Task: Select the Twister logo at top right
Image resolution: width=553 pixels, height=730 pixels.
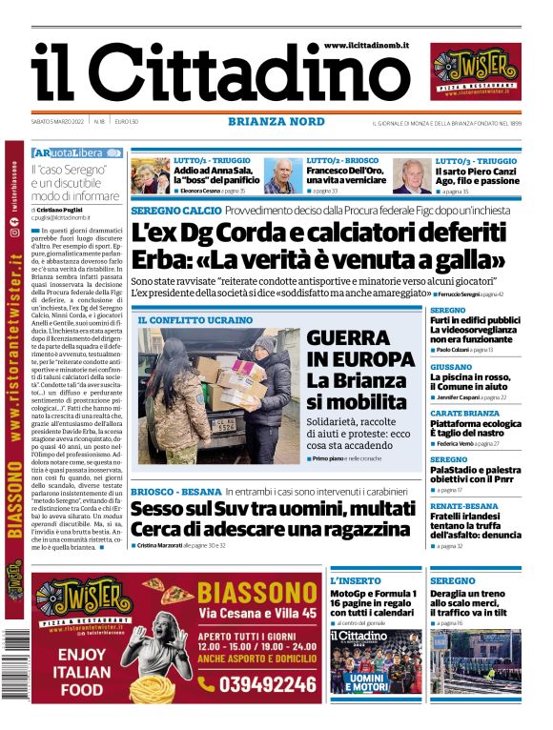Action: click(477, 72)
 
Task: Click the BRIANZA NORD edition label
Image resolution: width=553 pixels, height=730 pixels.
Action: click(276, 121)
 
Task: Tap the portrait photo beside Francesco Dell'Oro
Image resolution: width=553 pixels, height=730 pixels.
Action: click(279, 176)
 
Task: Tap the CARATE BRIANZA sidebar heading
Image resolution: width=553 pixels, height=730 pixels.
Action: click(464, 413)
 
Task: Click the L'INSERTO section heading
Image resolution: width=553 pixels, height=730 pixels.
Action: click(355, 580)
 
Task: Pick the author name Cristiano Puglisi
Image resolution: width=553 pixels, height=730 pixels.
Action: click(70, 209)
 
